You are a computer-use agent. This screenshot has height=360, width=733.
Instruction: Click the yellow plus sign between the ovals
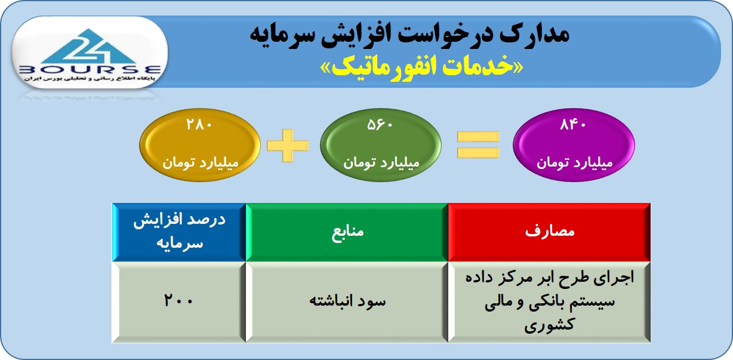click(x=288, y=146)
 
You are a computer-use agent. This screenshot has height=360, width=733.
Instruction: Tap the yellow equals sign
click(x=478, y=145)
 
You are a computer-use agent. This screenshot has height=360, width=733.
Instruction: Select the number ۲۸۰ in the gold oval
click(x=199, y=125)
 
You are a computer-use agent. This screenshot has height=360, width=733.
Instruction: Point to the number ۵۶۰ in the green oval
click(x=380, y=125)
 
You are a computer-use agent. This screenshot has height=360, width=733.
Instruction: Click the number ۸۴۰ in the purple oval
click(x=573, y=125)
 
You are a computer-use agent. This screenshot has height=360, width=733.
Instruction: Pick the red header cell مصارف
click(x=549, y=232)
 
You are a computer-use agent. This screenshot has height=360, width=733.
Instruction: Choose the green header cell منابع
click(x=347, y=232)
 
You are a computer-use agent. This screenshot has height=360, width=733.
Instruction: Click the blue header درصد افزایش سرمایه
click(x=179, y=232)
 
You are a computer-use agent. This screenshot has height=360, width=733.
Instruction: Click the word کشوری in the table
click(x=549, y=325)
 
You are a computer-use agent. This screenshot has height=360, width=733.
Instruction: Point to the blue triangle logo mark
click(x=88, y=47)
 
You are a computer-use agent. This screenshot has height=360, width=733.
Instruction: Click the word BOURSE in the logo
click(x=90, y=70)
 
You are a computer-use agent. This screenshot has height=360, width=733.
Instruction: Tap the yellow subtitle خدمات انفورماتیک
click(x=422, y=67)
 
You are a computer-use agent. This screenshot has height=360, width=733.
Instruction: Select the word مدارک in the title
click(x=534, y=34)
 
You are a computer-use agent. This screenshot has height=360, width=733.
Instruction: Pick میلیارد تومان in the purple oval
click(x=574, y=162)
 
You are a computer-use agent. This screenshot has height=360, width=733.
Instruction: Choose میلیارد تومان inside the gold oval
click(x=201, y=162)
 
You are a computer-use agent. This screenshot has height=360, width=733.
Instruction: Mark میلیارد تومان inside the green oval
click(x=381, y=162)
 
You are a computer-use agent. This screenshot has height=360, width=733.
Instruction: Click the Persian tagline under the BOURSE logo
click(x=90, y=79)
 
